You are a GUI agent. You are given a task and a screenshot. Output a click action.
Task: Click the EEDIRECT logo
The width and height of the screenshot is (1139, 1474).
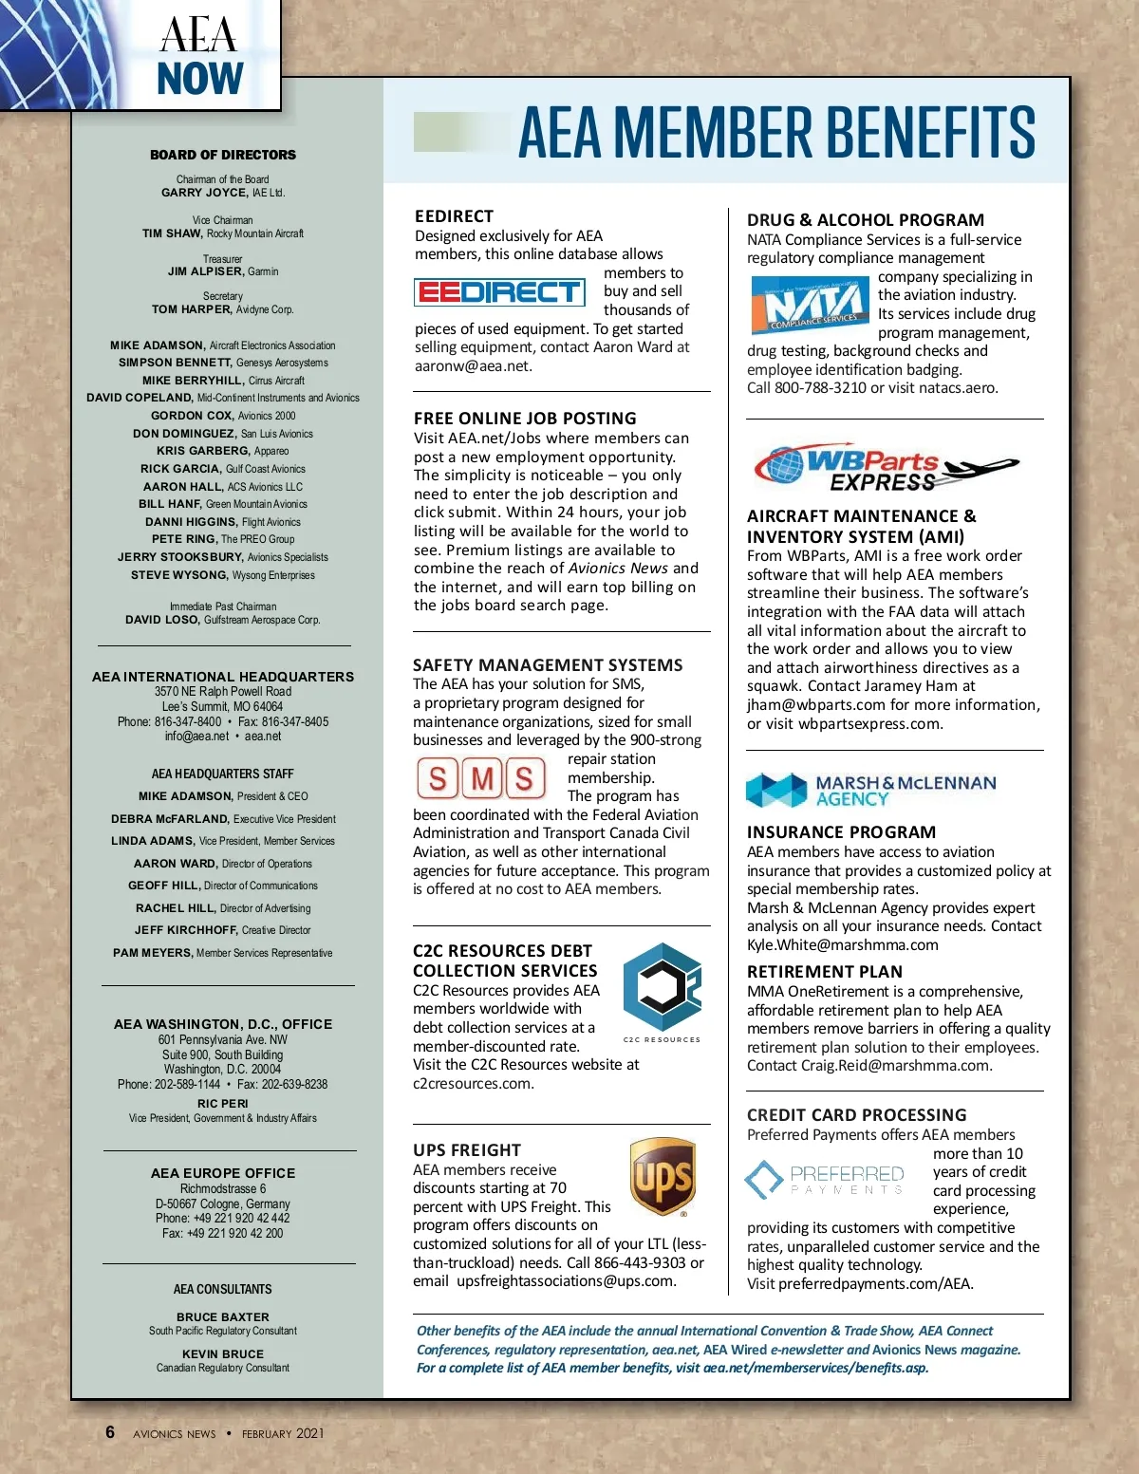point(499,291)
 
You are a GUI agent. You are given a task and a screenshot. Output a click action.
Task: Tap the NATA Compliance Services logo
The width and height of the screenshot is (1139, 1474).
point(810,305)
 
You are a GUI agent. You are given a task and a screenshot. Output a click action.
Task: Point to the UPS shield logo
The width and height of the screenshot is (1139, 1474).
point(663,1178)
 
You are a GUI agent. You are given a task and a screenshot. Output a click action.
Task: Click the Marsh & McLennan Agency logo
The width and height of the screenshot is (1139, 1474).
point(870,791)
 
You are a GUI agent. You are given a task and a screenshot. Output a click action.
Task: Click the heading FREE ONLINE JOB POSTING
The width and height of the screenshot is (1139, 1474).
point(525,419)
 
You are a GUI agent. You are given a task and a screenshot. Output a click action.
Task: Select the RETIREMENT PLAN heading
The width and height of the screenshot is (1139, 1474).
point(824,972)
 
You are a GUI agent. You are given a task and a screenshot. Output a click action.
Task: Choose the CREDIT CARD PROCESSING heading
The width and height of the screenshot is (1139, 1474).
point(856,1115)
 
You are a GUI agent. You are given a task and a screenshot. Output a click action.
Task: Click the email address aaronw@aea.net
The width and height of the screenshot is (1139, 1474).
point(473,366)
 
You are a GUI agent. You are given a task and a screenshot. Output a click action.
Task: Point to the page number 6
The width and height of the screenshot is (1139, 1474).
point(110,1432)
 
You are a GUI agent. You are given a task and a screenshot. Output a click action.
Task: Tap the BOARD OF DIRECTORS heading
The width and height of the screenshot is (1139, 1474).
point(223,155)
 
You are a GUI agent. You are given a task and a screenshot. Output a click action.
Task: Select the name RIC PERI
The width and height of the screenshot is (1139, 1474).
point(223,1104)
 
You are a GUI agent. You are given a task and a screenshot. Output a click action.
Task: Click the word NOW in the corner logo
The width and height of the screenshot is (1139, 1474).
point(200,79)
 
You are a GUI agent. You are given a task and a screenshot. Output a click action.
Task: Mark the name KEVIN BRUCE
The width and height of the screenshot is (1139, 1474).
point(223,1354)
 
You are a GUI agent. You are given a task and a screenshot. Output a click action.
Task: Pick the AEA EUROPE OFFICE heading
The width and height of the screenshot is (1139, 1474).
point(223,1174)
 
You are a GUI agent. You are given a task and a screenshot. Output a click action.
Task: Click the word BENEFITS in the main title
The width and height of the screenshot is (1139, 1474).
point(925,132)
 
